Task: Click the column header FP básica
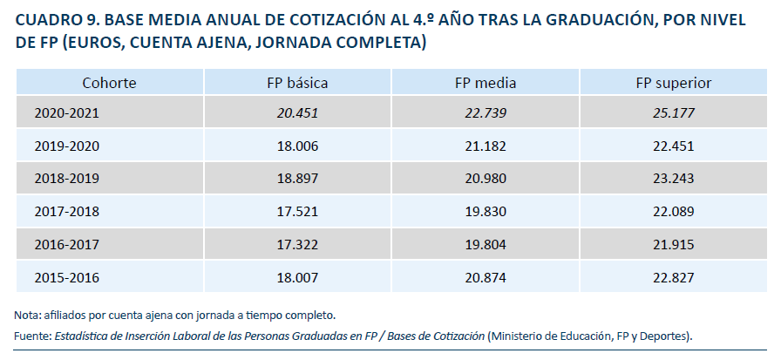[x=297, y=84]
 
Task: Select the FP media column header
[x=486, y=84]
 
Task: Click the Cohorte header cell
[x=109, y=84]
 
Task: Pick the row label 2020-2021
[x=67, y=113]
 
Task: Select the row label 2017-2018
[x=67, y=212]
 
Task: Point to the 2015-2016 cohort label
[x=67, y=278]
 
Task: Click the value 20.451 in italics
[x=297, y=113]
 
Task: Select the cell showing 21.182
[x=486, y=146]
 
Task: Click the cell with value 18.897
[x=297, y=179]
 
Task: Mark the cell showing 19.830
[x=486, y=212]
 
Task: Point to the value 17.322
[x=297, y=245]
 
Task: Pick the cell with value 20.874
[x=486, y=278]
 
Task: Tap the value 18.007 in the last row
[x=297, y=278]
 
